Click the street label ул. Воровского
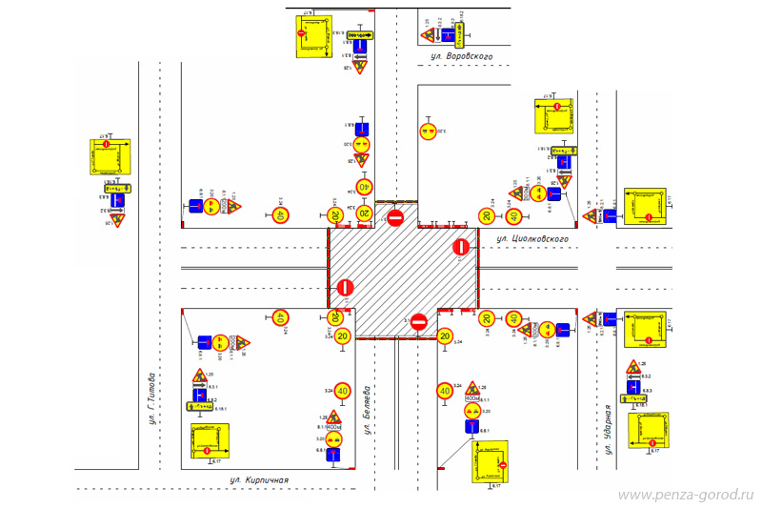tap(461, 58)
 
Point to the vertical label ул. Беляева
tap(367, 411)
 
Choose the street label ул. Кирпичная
tap(252, 479)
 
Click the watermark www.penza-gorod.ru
tap(685, 496)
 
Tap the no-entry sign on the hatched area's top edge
tap(395, 218)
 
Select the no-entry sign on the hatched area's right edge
tap(461, 248)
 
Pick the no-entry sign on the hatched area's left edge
tap(345, 287)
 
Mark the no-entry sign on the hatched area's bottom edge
tap(418, 323)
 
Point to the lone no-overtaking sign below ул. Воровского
tap(429, 131)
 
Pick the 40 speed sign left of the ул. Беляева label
tap(342, 391)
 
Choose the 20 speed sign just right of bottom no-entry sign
tap(445, 335)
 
